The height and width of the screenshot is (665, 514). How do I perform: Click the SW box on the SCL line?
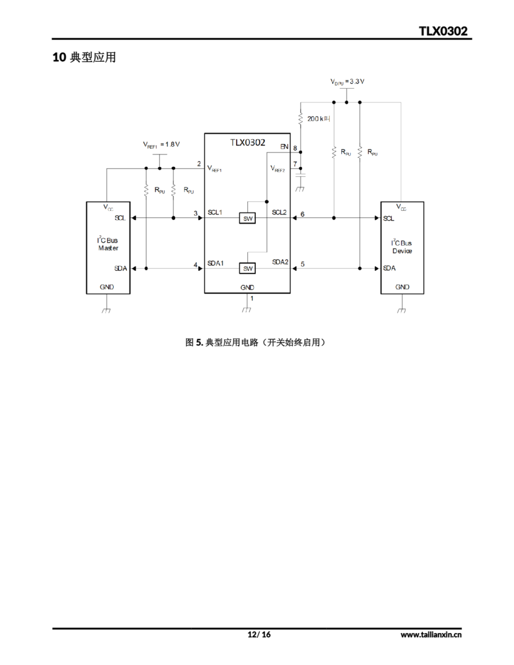coord(247,218)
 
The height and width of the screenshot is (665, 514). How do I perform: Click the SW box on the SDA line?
coord(247,269)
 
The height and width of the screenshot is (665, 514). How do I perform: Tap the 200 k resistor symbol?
coord(300,118)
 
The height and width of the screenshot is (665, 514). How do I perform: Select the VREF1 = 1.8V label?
coord(161,144)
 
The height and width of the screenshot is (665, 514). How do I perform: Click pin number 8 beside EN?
coord(295,148)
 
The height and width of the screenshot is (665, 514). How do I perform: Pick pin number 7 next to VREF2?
coord(295,164)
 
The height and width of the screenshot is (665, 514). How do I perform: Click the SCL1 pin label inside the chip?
coord(215,212)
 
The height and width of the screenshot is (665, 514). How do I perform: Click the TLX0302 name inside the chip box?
coord(247,143)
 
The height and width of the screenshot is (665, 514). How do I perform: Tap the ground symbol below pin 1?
coord(247,310)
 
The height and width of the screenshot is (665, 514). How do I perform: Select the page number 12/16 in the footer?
coord(259,634)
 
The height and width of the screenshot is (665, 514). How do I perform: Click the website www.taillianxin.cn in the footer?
coord(431,635)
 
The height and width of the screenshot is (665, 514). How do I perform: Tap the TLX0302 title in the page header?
coord(443,31)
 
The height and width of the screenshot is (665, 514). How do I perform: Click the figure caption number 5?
coord(199,343)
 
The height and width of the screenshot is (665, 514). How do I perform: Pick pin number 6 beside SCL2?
coord(302,214)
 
